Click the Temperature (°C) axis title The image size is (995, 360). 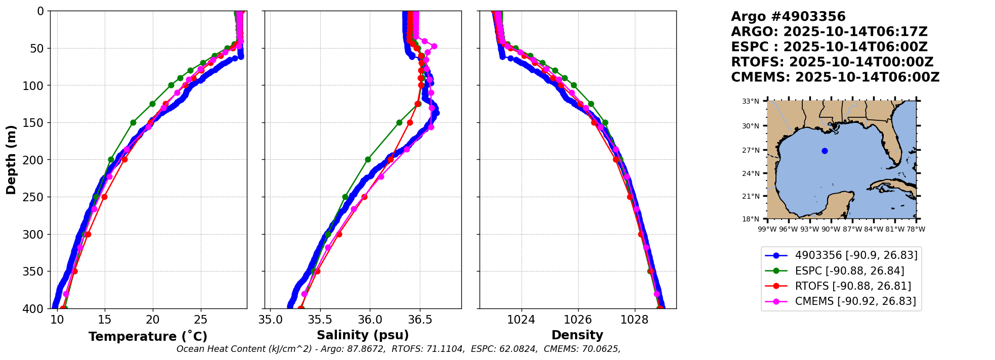point(148,337)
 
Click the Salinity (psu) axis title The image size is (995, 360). point(363,335)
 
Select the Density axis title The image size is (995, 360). point(577,335)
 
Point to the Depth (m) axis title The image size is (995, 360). point(11,159)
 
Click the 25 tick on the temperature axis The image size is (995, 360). point(201,320)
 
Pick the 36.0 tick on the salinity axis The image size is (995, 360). point(369,320)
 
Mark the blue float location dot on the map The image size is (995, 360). point(825,151)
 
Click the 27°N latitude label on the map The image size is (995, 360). point(751,150)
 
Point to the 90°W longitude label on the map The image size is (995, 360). point(831,229)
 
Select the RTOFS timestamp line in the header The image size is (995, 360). point(832,62)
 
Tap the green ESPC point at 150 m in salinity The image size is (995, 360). point(399,122)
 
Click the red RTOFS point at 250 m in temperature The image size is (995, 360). point(104,197)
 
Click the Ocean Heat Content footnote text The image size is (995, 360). point(398,349)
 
